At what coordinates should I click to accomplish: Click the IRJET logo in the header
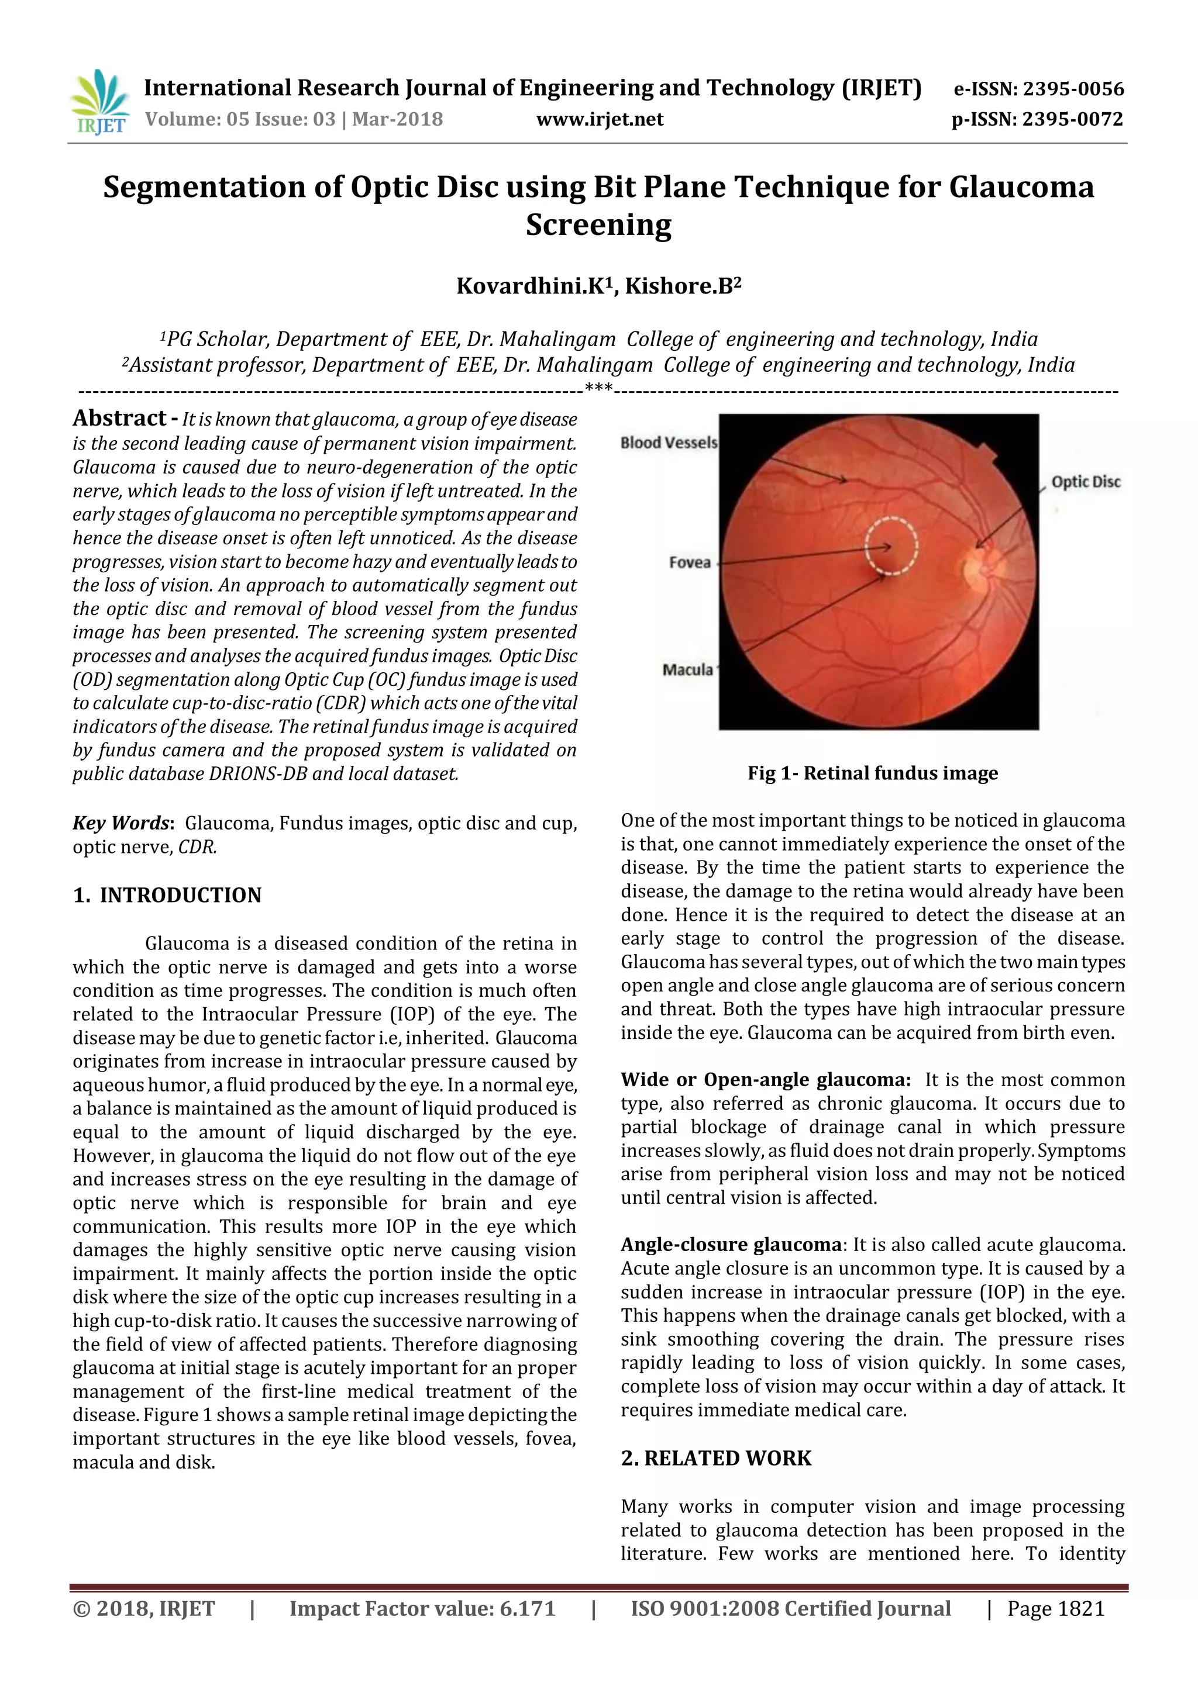[99, 102]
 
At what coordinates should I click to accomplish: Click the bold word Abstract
[119, 419]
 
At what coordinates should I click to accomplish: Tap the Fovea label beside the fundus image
[690, 562]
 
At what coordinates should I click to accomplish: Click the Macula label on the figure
[687, 669]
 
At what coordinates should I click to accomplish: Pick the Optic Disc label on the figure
[1085, 482]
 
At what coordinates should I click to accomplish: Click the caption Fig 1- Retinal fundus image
[872, 773]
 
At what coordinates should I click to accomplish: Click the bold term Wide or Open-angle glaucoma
[765, 1080]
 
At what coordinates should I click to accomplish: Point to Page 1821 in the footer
[1056, 1608]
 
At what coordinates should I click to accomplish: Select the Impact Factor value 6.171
[526, 1608]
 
